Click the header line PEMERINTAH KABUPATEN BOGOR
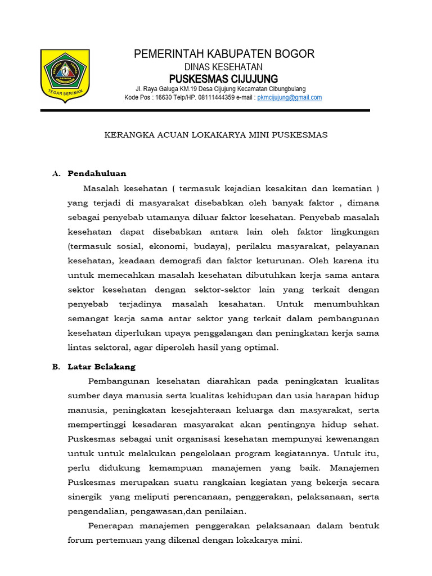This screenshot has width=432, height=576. pos(224,54)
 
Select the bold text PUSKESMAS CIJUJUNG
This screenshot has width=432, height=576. pos(223,78)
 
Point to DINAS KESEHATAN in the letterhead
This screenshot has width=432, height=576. pos(223,66)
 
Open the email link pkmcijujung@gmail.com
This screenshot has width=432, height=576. pos(289,97)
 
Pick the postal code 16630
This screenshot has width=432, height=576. pos(163,97)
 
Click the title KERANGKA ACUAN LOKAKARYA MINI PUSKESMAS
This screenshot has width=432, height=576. pos(217,135)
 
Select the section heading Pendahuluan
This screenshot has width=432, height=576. pos(97,173)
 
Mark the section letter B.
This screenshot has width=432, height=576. pos(56,367)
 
